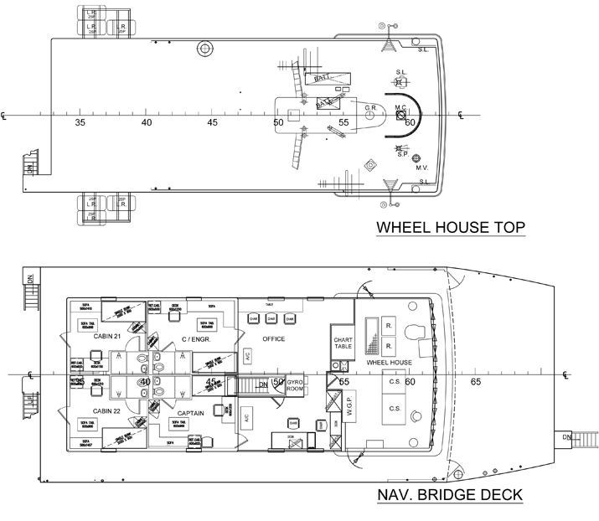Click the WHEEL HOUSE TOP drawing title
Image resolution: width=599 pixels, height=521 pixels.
tap(449, 228)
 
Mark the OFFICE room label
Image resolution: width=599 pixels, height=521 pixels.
tap(273, 339)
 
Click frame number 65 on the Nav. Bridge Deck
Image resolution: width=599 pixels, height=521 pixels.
tap(475, 382)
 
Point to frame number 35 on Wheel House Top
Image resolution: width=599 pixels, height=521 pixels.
tap(80, 122)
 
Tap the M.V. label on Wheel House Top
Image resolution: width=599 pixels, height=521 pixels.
tap(423, 167)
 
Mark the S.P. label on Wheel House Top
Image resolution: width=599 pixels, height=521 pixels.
tap(403, 153)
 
